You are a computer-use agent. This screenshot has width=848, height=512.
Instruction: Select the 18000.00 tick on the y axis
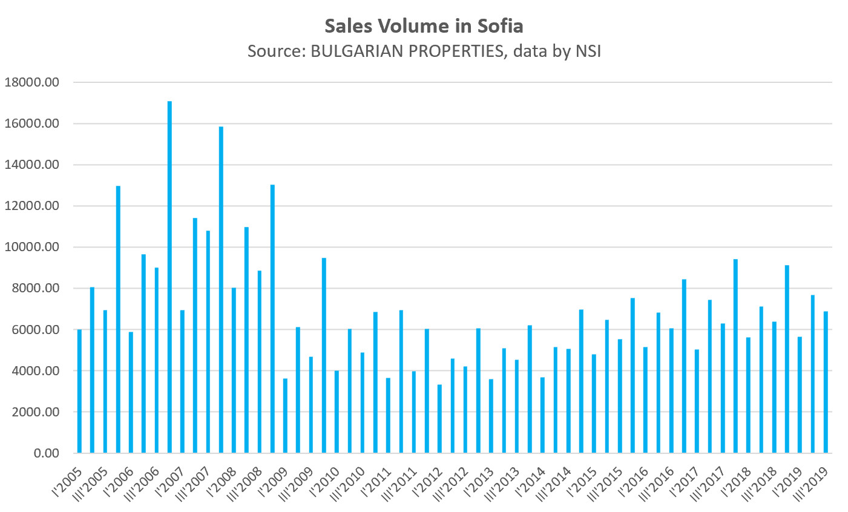(31, 82)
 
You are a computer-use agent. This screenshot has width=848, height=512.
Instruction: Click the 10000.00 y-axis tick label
(31, 247)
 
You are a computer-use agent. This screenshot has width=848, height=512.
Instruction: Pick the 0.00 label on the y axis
(46, 453)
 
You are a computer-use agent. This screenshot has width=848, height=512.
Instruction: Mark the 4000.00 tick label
(34, 371)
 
